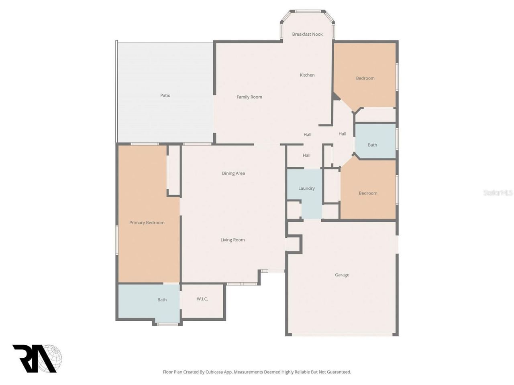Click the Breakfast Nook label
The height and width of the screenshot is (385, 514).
pyautogui.click(x=307, y=34)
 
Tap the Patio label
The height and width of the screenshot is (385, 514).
pyautogui.click(x=165, y=95)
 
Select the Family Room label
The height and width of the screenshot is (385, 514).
pyautogui.click(x=249, y=97)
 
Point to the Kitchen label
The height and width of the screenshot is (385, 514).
pyautogui.click(x=307, y=75)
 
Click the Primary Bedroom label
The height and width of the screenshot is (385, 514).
pyautogui.click(x=147, y=223)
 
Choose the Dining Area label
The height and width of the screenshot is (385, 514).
pyautogui.click(x=233, y=173)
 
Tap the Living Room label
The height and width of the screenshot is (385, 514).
pyautogui.click(x=233, y=240)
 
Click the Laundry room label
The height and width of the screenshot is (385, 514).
pyautogui.click(x=306, y=188)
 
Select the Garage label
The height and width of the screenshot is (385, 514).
pyautogui.click(x=342, y=275)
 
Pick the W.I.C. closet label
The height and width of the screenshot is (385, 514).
pyautogui.click(x=202, y=299)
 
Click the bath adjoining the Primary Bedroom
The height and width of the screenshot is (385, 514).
pyautogui.click(x=162, y=300)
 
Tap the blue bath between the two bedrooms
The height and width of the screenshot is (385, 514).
pyautogui.click(x=372, y=145)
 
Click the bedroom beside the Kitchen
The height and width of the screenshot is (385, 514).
pyautogui.click(x=365, y=78)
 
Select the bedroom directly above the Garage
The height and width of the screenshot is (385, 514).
pyautogui.click(x=368, y=193)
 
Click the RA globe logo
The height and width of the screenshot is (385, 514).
pyautogui.click(x=37, y=359)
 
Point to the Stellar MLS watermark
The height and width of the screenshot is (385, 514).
pyautogui.click(x=498, y=193)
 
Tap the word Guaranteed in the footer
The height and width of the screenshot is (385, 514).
pyautogui.click(x=338, y=372)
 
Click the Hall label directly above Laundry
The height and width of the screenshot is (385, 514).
pyautogui.click(x=306, y=155)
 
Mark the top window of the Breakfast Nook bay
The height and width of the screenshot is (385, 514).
pyautogui.click(x=308, y=11)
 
